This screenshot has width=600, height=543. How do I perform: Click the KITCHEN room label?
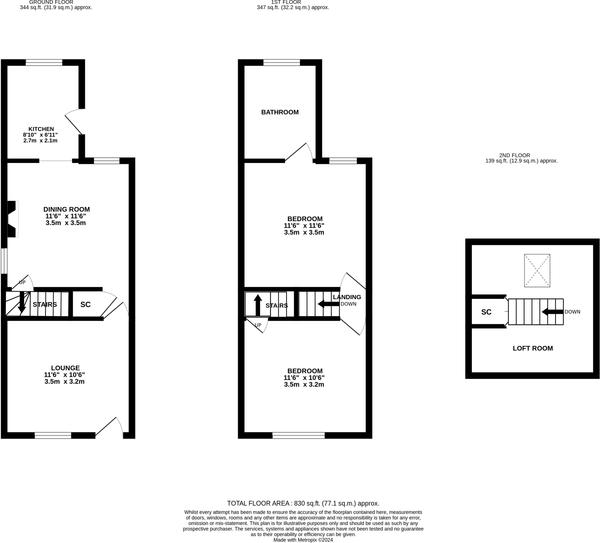(41, 129)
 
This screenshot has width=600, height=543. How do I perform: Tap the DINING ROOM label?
(67, 209)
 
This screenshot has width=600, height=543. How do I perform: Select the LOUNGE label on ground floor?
(65, 368)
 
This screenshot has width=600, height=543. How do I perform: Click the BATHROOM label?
(280, 112)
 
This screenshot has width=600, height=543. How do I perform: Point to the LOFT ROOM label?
(532, 348)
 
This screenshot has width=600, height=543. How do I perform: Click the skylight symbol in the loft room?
(537, 270)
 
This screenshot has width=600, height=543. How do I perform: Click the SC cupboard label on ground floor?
(86, 304)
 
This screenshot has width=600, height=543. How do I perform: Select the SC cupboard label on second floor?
(486, 312)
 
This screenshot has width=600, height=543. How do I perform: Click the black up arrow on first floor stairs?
(258, 305)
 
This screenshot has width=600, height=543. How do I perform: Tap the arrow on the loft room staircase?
(552, 312)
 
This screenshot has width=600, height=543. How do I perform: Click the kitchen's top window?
(44, 62)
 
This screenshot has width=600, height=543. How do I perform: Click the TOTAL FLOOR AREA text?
(303, 503)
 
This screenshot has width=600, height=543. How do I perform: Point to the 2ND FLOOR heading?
(514, 155)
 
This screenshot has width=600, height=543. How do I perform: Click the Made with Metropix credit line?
(303, 540)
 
